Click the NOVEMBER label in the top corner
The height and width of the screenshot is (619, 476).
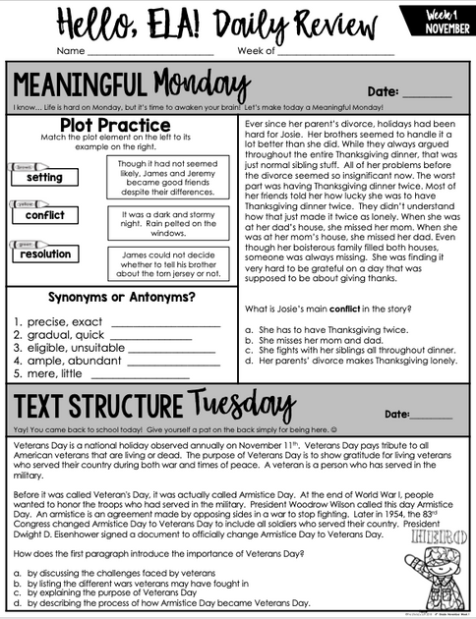click(x=446, y=28)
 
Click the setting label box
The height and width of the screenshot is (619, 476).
click(x=44, y=178)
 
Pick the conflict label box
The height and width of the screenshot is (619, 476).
click(x=44, y=215)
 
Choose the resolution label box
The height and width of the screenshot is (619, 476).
click(x=44, y=254)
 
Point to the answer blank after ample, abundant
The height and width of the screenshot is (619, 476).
click(x=166, y=362)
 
